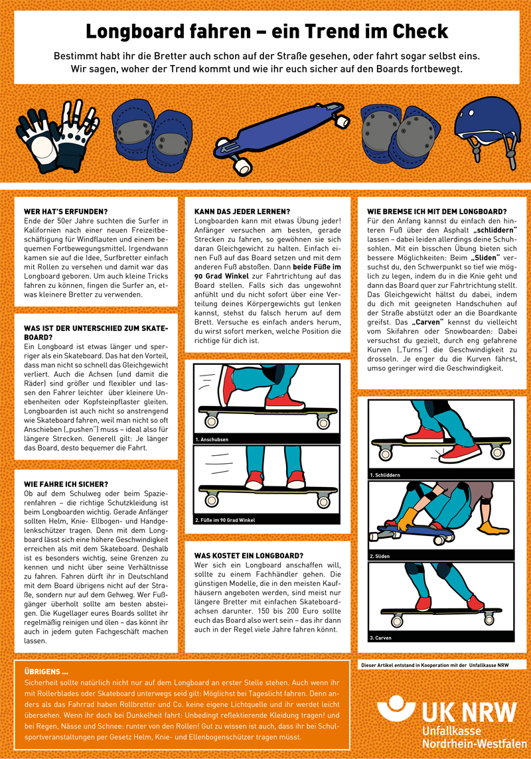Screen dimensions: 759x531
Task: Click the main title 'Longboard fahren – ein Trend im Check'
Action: tap(266, 31)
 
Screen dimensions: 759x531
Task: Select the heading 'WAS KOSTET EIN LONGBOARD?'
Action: tap(248, 555)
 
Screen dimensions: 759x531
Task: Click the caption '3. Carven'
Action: tap(382, 637)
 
